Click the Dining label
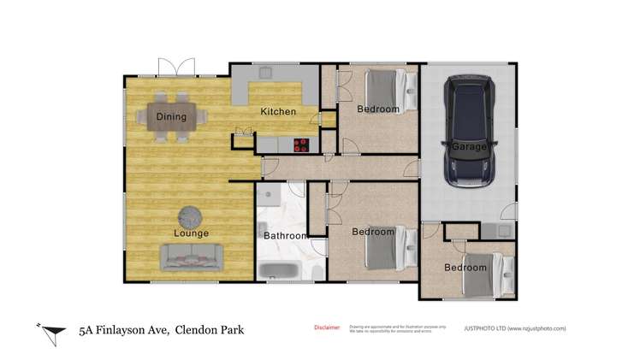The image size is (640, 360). pos(171,117)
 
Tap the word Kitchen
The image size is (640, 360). pos(278,111)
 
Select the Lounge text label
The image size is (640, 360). pos(192,233)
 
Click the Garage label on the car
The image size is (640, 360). pos(469,146)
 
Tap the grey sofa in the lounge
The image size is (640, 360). pos(192,255)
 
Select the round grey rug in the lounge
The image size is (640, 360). pos(192,215)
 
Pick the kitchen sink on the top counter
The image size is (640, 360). pos(265,72)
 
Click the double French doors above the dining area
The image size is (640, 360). pos(176,66)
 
